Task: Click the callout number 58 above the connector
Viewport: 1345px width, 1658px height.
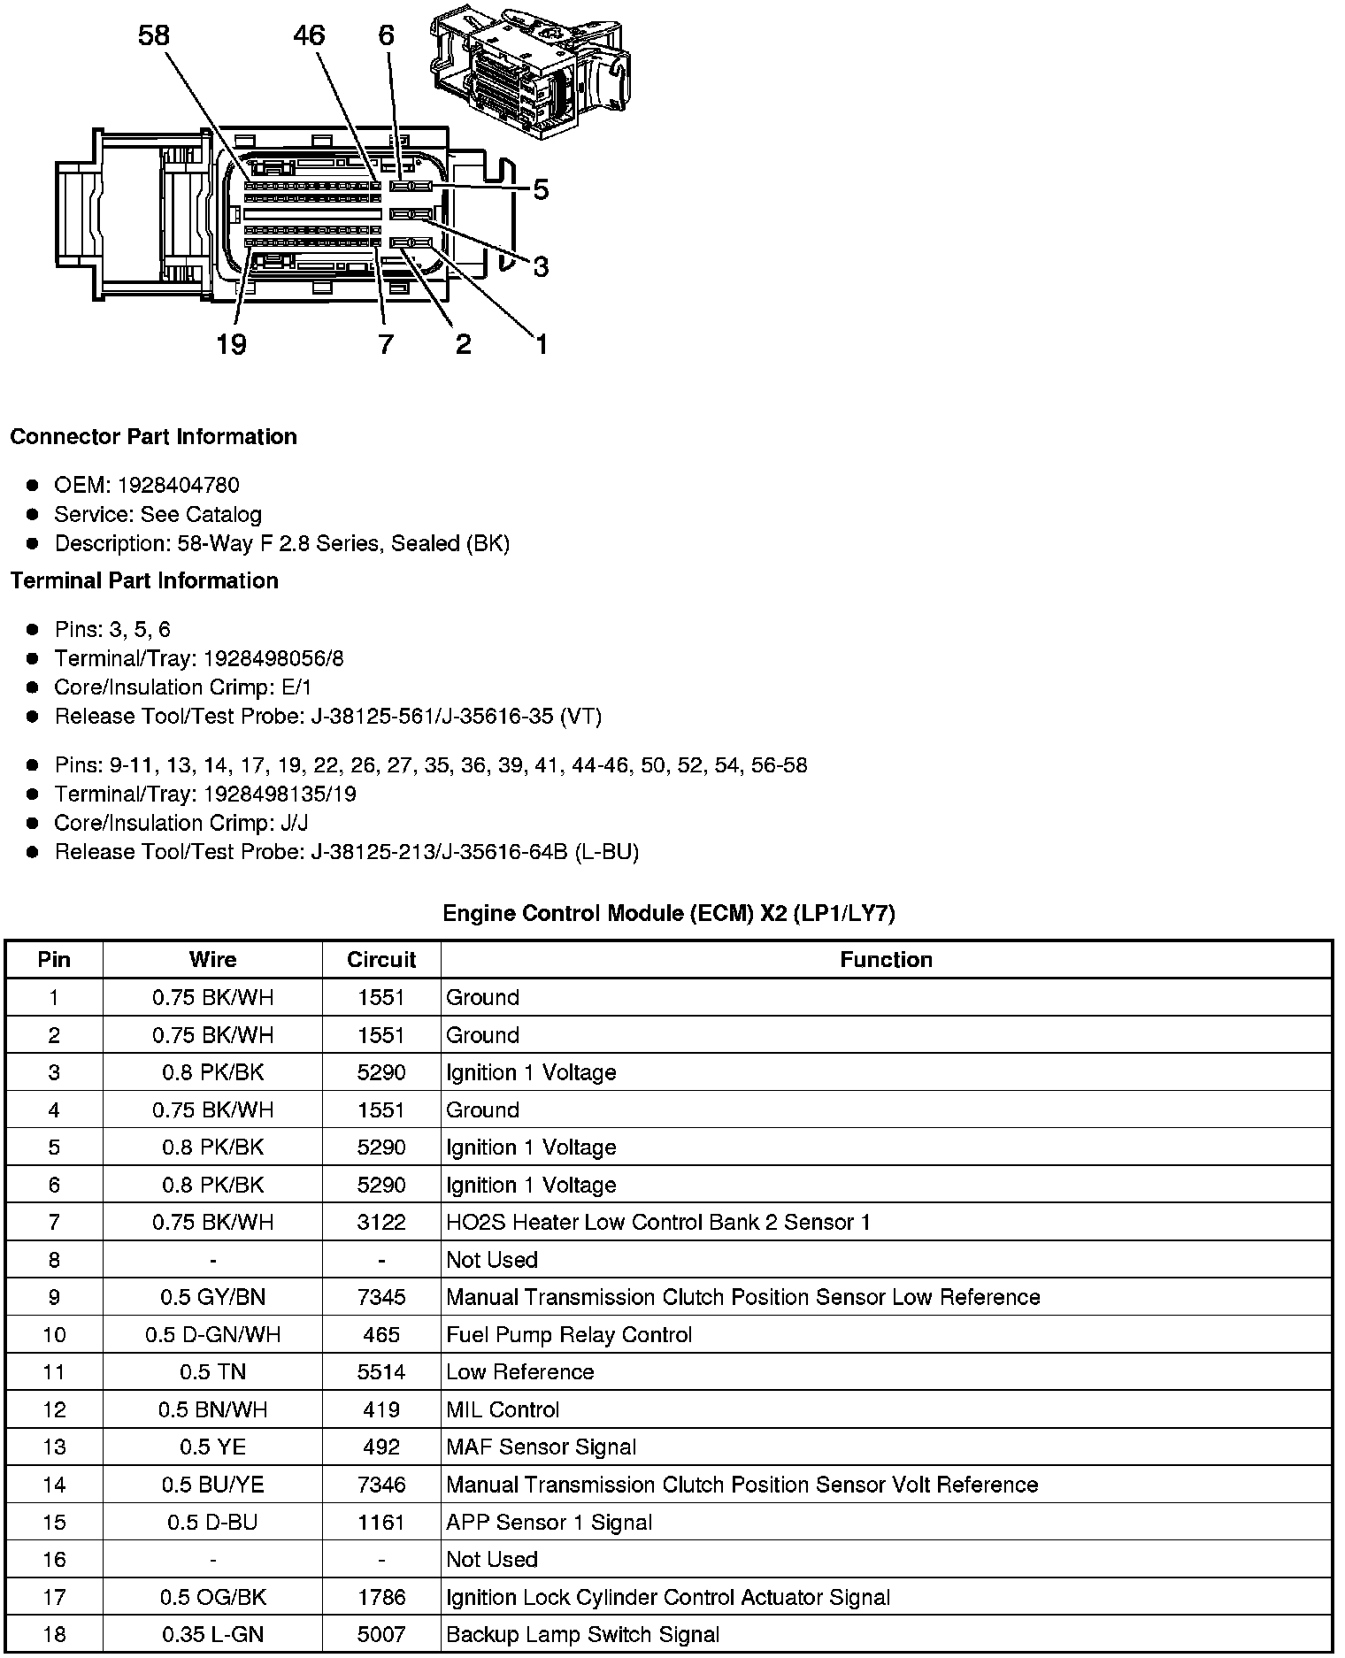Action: [x=153, y=35]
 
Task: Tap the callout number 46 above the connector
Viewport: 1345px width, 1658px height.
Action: [x=309, y=35]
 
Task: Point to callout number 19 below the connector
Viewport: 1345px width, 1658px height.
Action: [x=231, y=344]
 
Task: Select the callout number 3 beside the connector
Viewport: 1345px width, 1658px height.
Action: [x=541, y=265]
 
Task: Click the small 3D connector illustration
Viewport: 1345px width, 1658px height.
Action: [x=530, y=73]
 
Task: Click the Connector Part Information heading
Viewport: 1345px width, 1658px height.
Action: [x=153, y=437]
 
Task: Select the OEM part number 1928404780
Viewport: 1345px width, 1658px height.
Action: [x=178, y=485]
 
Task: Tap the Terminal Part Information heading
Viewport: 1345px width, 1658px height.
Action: [x=144, y=580]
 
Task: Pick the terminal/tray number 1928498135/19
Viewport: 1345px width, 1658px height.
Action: [x=280, y=794]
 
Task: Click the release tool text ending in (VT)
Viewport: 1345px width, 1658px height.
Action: [x=457, y=716]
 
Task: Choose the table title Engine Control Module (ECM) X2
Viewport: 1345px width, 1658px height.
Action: [x=669, y=913]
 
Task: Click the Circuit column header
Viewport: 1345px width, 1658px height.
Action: [x=381, y=960]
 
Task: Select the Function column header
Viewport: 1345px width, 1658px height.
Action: [x=886, y=960]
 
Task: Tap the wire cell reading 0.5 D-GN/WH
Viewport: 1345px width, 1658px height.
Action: [x=212, y=1334]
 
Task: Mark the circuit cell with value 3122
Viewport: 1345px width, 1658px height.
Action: [x=381, y=1222]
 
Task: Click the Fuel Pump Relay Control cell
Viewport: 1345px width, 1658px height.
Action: [x=569, y=1334]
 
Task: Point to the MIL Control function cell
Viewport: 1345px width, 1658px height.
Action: [x=503, y=1409]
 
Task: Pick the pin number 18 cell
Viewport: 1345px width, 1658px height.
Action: [x=54, y=1634]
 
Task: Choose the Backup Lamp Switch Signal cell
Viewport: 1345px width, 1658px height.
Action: [x=582, y=1634]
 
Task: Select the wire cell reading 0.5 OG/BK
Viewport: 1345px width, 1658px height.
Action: [x=212, y=1597]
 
